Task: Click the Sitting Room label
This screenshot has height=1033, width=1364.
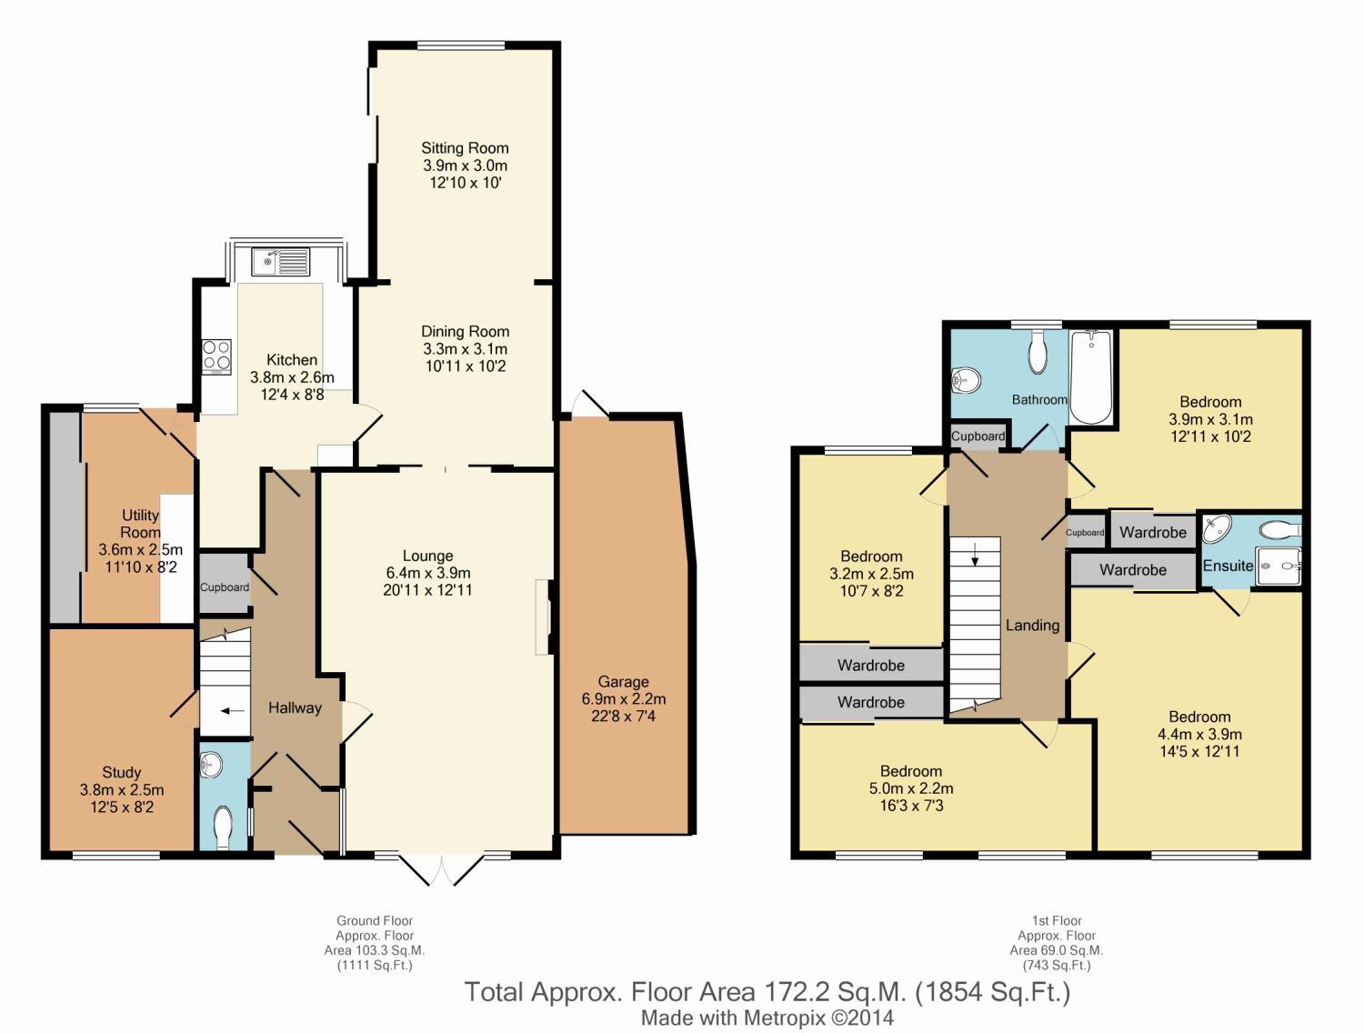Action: (x=465, y=148)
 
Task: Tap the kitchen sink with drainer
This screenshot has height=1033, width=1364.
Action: (x=280, y=262)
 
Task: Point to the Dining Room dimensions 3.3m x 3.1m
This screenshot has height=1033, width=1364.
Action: (x=465, y=349)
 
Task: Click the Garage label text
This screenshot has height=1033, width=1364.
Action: (x=623, y=682)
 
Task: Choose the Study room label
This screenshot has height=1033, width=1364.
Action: (x=122, y=773)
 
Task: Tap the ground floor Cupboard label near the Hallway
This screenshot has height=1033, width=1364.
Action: (x=225, y=587)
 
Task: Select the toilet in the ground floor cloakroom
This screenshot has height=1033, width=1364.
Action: (x=223, y=827)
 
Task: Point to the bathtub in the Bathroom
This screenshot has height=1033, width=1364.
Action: (x=1091, y=376)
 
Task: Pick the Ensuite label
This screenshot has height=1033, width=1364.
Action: (x=1228, y=566)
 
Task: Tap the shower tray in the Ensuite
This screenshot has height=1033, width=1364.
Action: (x=1279, y=566)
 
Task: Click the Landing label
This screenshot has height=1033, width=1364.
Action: (x=1033, y=625)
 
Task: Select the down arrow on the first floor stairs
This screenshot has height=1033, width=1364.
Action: (x=975, y=554)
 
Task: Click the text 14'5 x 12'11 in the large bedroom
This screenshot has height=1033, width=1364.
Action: (x=1199, y=752)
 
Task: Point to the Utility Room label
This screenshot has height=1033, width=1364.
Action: (x=141, y=524)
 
